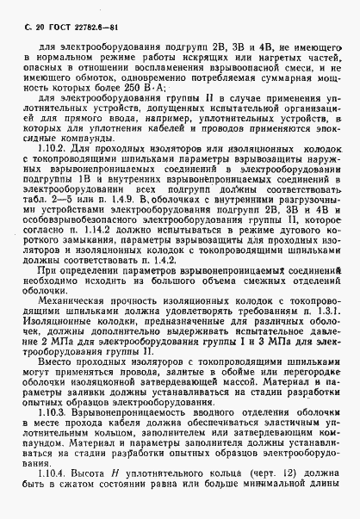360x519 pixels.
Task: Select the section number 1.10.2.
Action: pyautogui.click(x=51, y=150)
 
